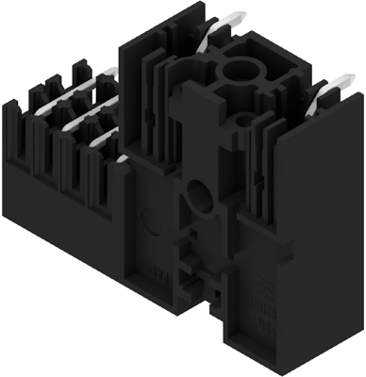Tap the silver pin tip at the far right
pyautogui.click(x=329, y=88)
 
